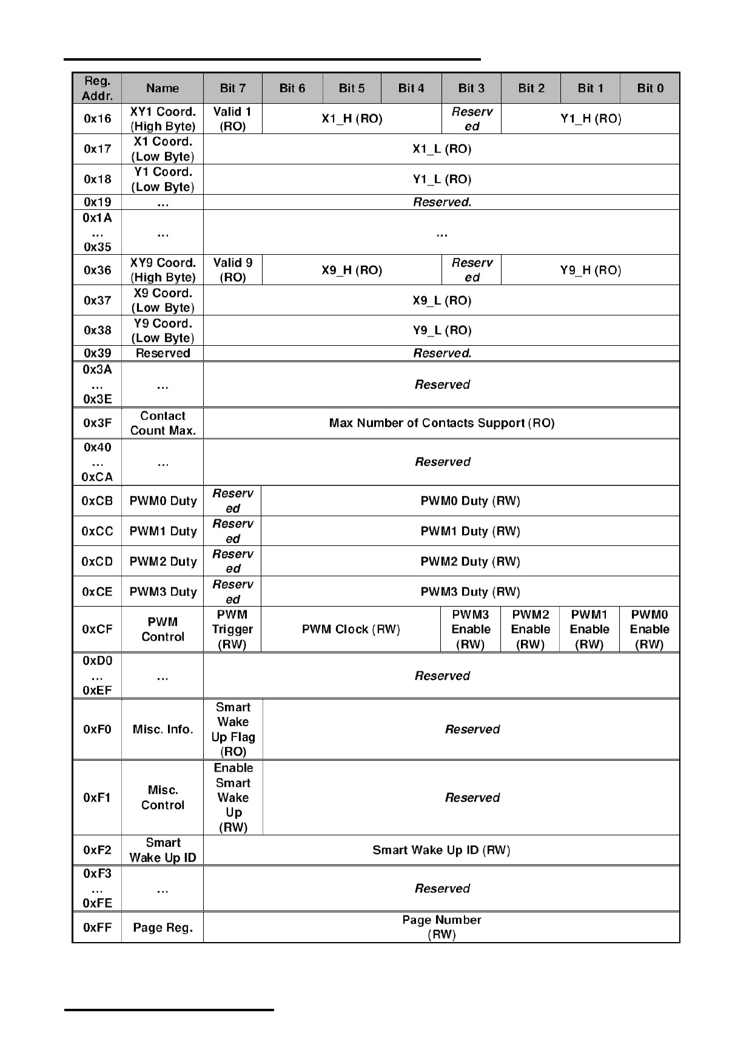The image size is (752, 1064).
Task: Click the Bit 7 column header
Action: pyautogui.click(x=233, y=89)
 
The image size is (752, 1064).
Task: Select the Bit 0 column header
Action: pyautogui.click(x=650, y=89)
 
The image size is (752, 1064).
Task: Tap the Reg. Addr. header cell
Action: pyautogui.click(x=97, y=89)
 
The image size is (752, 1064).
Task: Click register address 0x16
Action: pyautogui.click(x=97, y=119)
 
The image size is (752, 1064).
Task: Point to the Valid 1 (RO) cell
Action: pyautogui.click(x=232, y=119)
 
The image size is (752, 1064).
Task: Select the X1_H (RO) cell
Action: pyautogui.click(x=352, y=119)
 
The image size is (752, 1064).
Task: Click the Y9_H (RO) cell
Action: pyautogui.click(x=590, y=271)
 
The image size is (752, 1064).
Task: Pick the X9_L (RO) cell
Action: pyautogui.click(x=441, y=301)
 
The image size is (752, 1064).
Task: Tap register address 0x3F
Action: pyautogui.click(x=97, y=423)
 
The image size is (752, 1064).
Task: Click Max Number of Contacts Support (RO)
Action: pyautogui.click(x=441, y=423)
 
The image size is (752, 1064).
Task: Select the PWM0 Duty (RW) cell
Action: pyautogui.click(x=470, y=501)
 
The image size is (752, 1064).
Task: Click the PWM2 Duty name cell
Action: pyautogui.click(x=163, y=562)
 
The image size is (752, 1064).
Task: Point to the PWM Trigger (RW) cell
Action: pyautogui.click(x=232, y=630)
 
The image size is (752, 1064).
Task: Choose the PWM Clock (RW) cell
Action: pyautogui.click(x=351, y=630)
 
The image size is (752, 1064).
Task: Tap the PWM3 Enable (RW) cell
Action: pyautogui.click(x=471, y=630)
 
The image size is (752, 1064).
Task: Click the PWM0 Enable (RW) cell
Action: pyautogui.click(x=650, y=630)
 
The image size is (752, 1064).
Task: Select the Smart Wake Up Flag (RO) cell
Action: pyautogui.click(x=233, y=729)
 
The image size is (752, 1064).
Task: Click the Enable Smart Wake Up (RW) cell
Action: pyautogui.click(x=233, y=798)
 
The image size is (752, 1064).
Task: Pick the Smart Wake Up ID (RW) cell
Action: pyautogui.click(x=441, y=850)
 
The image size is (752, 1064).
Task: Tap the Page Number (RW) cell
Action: pyautogui.click(x=441, y=928)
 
